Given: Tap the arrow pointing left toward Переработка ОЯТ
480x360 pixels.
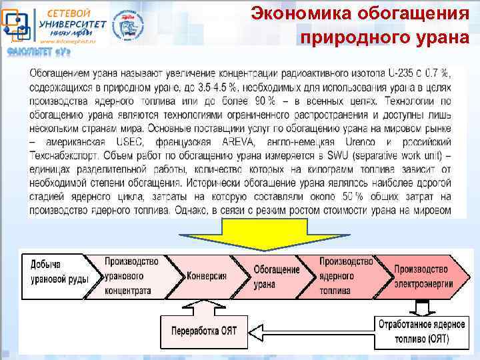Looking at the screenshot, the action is click(313, 331).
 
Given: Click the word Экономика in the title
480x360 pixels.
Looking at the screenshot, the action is click(300, 13).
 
